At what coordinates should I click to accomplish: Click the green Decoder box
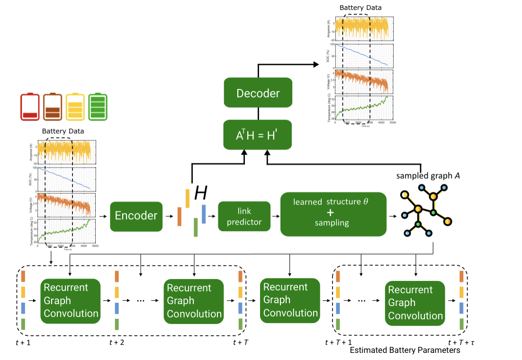[x=258, y=93]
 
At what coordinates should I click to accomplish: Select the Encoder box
[x=136, y=216]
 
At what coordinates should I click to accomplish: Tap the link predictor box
[x=244, y=216]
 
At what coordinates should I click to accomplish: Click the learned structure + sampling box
[x=333, y=214]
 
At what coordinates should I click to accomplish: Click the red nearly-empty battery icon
[x=30, y=107]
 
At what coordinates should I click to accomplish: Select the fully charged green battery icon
[x=99, y=107]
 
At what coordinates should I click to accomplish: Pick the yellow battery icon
[x=76, y=107]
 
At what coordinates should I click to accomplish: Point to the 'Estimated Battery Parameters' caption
[x=405, y=351]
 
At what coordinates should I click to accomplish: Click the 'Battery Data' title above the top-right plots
[x=360, y=8]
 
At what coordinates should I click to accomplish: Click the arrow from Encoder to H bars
[x=169, y=216]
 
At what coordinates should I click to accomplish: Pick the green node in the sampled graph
[x=418, y=225]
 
